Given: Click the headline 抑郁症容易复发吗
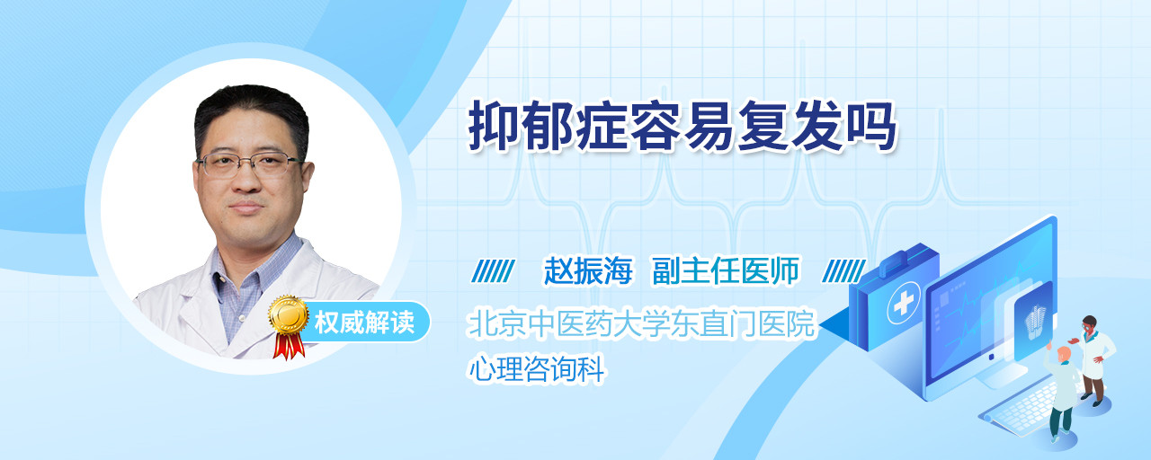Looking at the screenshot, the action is (x=682, y=127).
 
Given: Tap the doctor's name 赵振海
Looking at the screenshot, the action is (x=588, y=270).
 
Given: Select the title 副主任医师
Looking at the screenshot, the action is (x=726, y=270).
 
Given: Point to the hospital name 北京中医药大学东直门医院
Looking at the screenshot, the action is (x=642, y=323).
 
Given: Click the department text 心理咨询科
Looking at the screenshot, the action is (x=537, y=368).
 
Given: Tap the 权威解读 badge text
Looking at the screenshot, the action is (x=364, y=323).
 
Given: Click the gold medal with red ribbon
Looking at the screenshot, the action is (x=289, y=326).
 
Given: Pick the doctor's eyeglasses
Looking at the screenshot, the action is (x=250, y=164).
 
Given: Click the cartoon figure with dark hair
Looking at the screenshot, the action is (x=1094, y=360).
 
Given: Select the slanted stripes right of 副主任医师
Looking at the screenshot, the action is (x=843, y=271).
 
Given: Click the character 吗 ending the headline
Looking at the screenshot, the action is (x=871, y=127).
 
